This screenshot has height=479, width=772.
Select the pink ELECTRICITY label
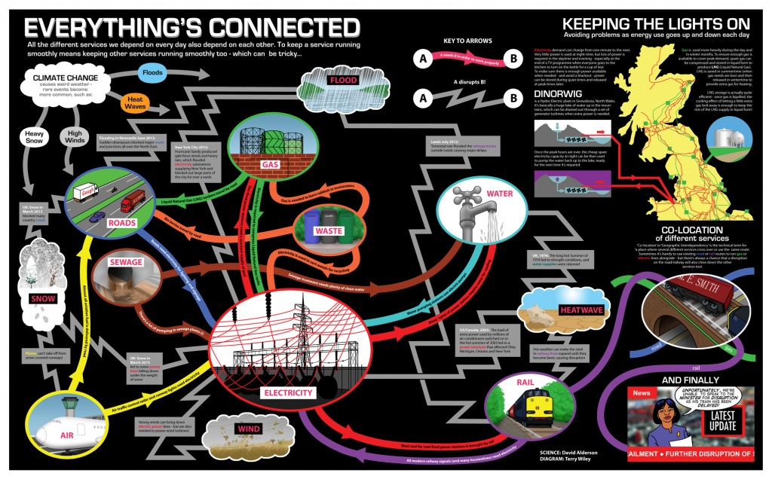pos(287,392)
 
